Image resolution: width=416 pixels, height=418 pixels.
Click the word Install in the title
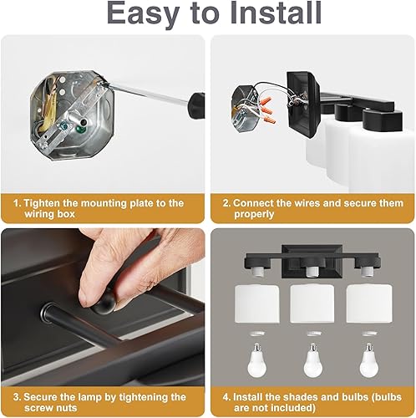coord(271,14)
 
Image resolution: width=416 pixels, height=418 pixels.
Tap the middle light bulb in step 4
coord(311,354)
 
